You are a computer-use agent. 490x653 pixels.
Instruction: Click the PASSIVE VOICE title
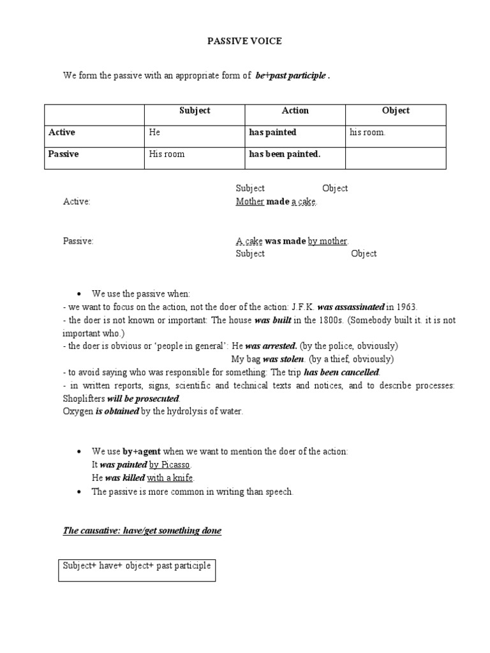244,41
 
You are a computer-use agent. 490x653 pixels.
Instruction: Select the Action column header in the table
295,111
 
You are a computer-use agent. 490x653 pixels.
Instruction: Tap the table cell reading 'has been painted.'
284,154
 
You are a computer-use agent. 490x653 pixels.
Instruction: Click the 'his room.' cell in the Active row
367,133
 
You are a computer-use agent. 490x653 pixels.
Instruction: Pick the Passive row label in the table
64,154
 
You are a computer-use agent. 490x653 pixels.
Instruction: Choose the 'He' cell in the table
154,133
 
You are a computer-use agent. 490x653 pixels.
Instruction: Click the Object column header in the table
396,111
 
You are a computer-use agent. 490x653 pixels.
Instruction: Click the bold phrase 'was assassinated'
350,307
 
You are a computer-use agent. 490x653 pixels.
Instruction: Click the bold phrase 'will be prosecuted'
142,398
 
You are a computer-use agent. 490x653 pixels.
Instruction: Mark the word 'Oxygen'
77,411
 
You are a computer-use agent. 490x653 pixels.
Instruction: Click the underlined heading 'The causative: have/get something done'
142,531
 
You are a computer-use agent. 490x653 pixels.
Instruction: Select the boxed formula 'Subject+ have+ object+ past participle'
137,566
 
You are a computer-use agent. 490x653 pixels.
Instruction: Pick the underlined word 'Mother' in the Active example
249,202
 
